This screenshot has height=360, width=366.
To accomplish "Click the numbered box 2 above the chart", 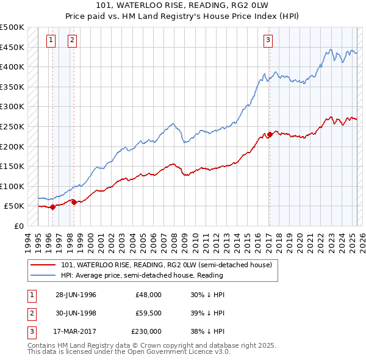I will [72, 41].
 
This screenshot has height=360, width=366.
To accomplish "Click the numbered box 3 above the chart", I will [268, 41].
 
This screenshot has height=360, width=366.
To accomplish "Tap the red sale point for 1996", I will [52, 207].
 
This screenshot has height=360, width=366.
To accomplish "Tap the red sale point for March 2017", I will [270, 134].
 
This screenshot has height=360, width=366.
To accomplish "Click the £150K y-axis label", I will [13, 166].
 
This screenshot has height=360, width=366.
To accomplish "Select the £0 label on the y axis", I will [19, 226].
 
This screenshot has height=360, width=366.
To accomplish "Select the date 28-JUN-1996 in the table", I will [76, 295].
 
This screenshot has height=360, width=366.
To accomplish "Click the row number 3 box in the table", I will [30, 331].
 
